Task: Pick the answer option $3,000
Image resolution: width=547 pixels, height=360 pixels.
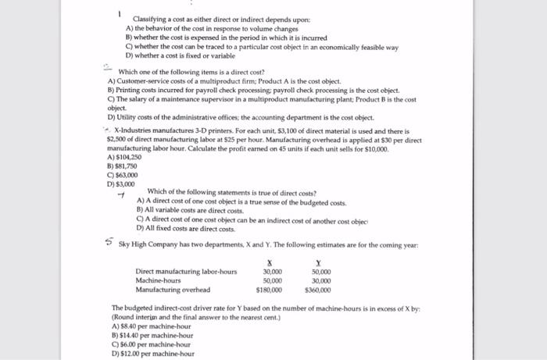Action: (120, 184)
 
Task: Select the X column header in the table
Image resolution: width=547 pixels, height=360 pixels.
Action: (270, 262)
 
